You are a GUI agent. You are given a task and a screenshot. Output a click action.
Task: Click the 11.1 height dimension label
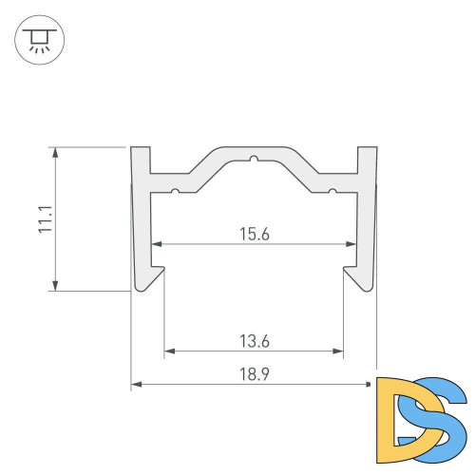coord(45,219)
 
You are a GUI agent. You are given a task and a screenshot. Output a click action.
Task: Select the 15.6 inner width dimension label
coord(255,234)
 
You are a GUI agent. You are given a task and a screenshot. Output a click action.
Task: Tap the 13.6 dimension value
coord(255,341)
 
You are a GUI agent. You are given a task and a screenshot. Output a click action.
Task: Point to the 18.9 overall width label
coord(255,374)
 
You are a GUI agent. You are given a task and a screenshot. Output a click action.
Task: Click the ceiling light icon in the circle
coord(39,40)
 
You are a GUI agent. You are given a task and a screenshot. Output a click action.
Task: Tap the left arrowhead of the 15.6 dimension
coord(157,244)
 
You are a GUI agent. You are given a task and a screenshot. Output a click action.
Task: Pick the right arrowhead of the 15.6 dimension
coord(351,244)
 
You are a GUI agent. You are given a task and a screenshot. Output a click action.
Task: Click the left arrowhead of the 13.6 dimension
coord(170,351)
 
